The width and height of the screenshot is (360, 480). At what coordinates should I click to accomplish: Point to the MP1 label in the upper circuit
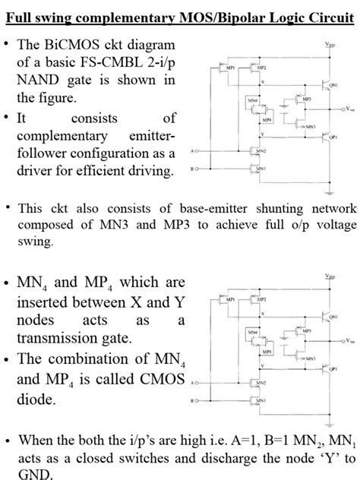pos(226,68)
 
